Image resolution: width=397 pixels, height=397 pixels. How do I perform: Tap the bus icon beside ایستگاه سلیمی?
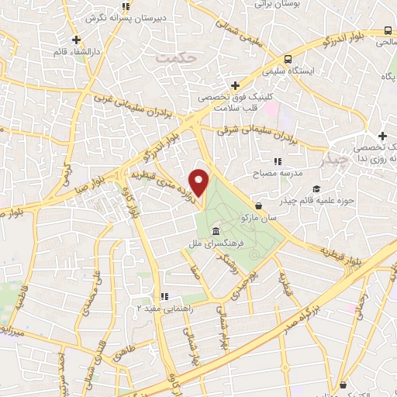[x=288, y=59]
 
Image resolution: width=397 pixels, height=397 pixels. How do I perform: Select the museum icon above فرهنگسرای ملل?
[x=214, y=232]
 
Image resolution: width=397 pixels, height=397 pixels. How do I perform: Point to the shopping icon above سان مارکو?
[x=258, y=206]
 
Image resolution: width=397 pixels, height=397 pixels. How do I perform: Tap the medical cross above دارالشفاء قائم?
[x=75, y=40]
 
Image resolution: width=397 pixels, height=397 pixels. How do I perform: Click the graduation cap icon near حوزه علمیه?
[x=315, y=188]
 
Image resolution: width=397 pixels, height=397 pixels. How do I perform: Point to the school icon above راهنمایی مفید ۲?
[x=163, y=295]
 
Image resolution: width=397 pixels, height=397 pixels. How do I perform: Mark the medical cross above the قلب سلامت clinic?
[x=236, y=85]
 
